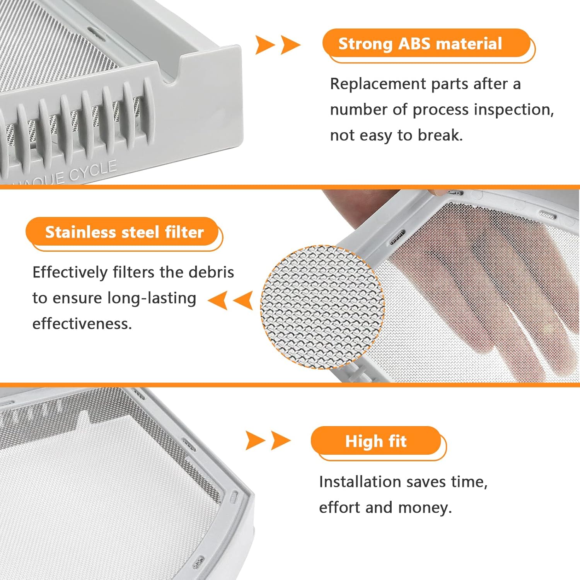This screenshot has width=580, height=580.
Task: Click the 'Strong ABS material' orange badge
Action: pos(425,43)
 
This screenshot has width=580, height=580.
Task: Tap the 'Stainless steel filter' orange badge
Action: pos(124,232)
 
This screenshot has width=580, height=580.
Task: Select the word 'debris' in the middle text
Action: pos(215,272)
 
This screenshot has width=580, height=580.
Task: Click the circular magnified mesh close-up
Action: pos(322,307)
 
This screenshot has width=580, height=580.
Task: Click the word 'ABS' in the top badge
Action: pos(414,43)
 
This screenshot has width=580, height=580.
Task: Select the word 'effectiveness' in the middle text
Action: pos(82,324)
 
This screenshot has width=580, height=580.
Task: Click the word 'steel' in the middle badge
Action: pos(140,232)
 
